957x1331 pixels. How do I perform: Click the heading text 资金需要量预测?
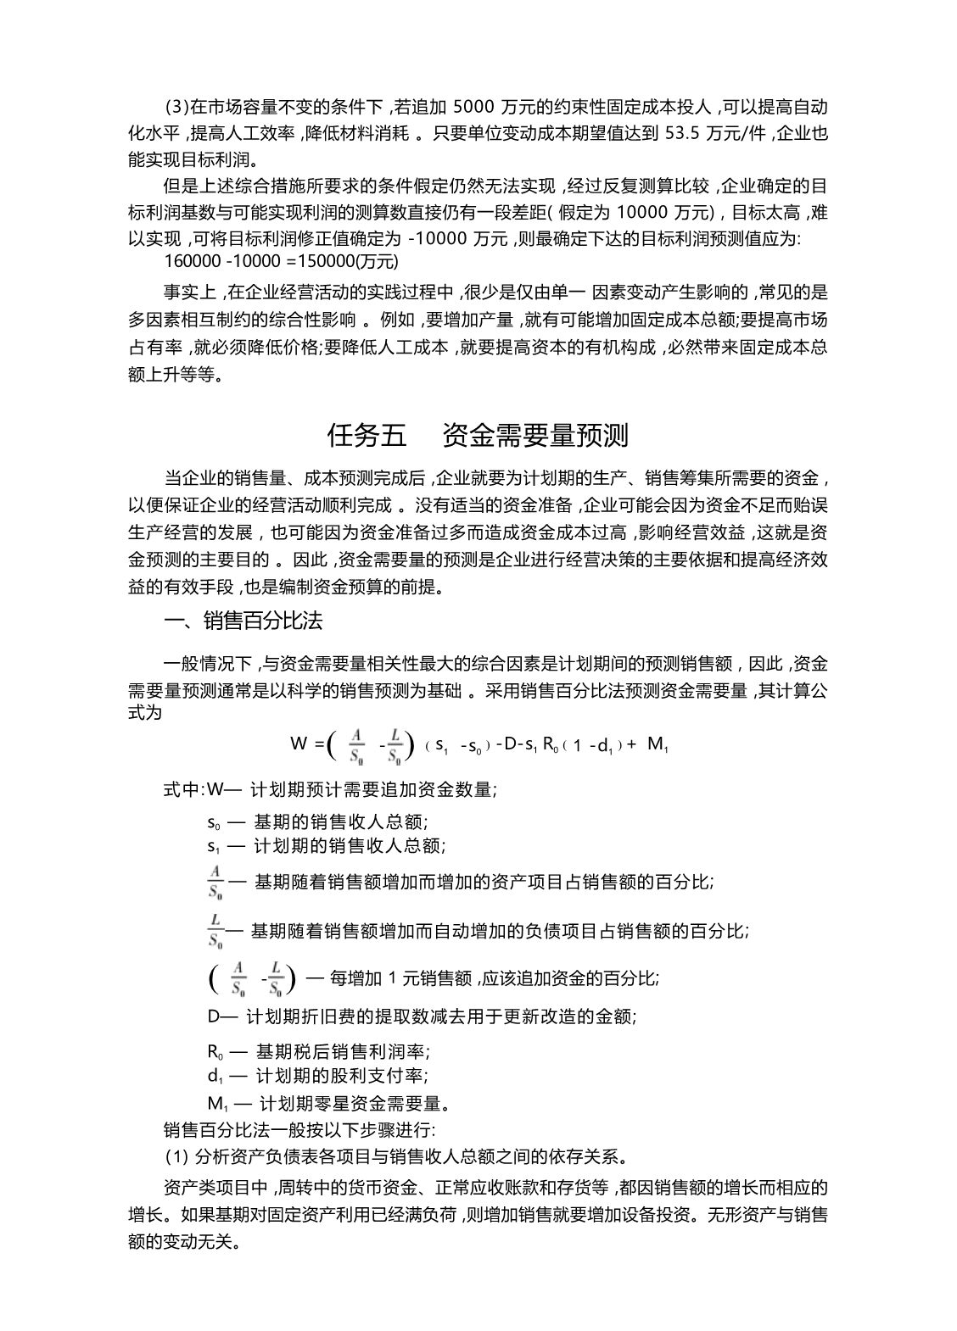coord(535,436)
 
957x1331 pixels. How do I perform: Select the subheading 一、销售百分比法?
coord(243,621)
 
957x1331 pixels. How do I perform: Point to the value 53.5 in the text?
coord(684,133)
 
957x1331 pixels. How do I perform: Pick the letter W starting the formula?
coord(298,744)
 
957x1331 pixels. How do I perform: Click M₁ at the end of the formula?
coord(658,744)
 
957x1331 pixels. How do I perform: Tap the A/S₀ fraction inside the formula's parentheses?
coord(357,744)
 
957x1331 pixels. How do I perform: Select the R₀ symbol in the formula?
coord(549,744)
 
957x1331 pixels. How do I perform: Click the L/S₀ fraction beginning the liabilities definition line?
coord(215,930)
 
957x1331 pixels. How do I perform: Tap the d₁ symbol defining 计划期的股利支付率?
coord(215,1077)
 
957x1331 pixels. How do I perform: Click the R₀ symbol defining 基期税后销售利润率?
coord(215,1053)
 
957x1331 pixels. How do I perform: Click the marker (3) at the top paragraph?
coord(176,108)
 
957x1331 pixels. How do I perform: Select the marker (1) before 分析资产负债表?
coord(176,1156)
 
